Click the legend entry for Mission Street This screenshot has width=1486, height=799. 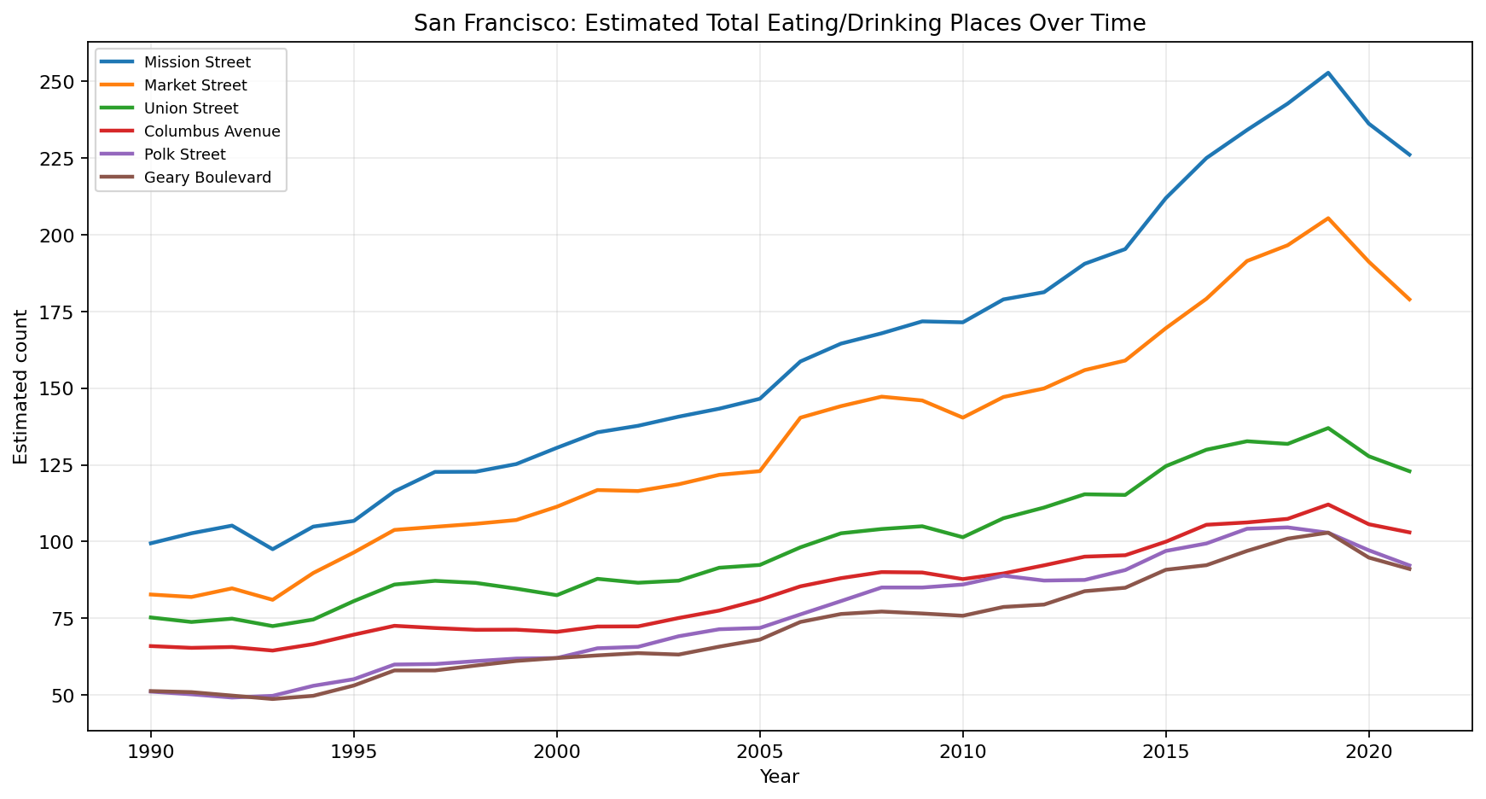[x=197, y=62]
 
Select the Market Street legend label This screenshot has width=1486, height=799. [x=195, y=85]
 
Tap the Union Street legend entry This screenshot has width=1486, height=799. [x=191, y=108]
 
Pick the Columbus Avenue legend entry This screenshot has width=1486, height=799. [x=212, y=131]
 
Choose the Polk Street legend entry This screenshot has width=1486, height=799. [x=185, y=155]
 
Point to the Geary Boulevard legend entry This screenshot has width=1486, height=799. [x=207, y=178]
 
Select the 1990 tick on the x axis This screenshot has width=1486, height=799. [x=151, y=752]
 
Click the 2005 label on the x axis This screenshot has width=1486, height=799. [x=759, y=752]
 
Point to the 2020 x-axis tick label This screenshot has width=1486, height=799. [x=1368, y=752]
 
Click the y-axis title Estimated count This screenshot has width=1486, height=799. [x=20, y=387]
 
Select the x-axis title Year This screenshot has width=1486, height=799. [x=779, y=777]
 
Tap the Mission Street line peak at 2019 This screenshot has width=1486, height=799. [x=1328, y=73]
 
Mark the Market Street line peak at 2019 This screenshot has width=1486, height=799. [x=1328, y=218]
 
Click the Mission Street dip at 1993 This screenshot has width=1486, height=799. [x=273, y=549]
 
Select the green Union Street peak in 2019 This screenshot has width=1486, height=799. [x=1328, y=428]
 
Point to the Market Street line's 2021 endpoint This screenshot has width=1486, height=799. [x=1409, y=300]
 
